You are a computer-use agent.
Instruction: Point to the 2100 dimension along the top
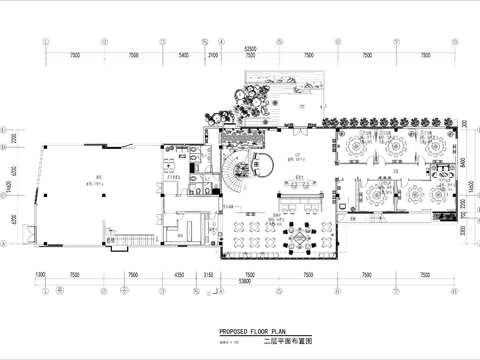pyautogui.click(x=212, y=56)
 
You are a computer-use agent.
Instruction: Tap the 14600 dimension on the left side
pyautogui.click(x=8, y=186)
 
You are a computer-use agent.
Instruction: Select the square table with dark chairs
pyautogui.click(x=299, y=240)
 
